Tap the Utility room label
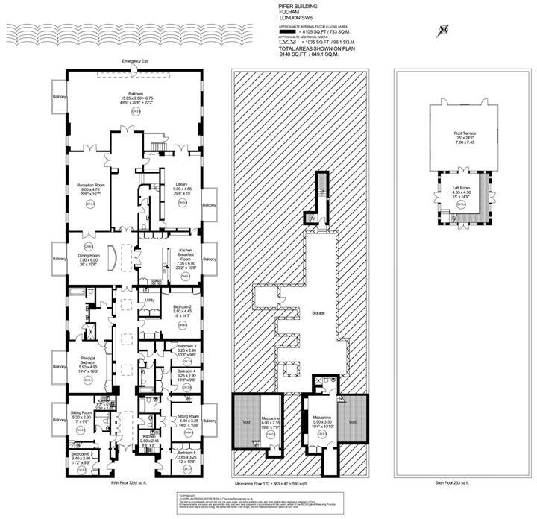149,300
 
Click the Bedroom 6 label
80,453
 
